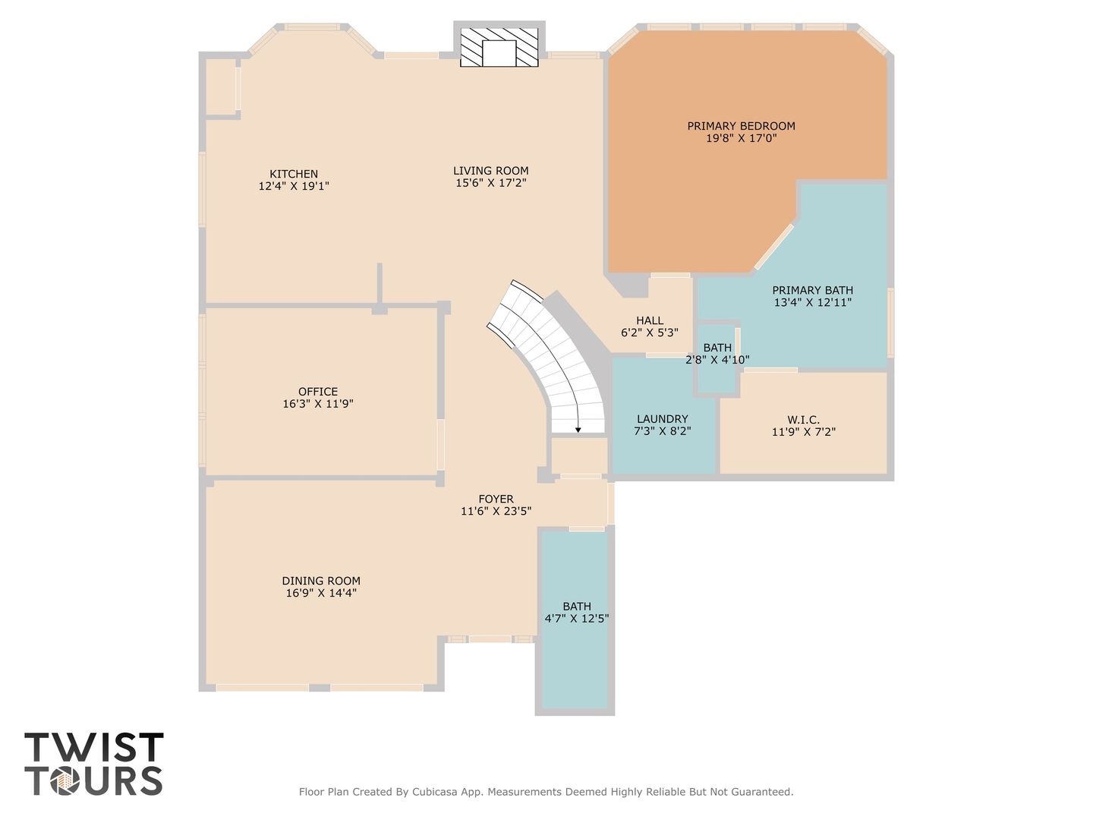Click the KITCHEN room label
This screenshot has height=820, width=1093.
[x=294, y=175]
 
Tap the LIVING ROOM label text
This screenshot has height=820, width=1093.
[x=491, y=171]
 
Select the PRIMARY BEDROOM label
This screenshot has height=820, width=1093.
[x=741, y=126]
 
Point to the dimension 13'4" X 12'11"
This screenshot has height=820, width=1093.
[x=813, y=302]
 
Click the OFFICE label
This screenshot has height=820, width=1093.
[x=318, y=392]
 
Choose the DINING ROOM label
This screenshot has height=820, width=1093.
[x=321, y=581]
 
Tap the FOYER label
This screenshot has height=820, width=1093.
[x=496, y=499]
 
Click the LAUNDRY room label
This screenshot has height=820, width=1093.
[x=663, y=419]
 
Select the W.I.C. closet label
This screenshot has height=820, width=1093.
[x=803, y=420]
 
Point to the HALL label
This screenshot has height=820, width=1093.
[x=650, y=320]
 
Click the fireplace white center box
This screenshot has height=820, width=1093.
[x=499, y=53]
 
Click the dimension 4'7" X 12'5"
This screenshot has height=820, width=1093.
[x=577, y=619]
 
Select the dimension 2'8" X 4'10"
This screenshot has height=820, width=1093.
[x=717, y=359]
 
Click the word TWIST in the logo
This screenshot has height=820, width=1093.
[x=94, y=747]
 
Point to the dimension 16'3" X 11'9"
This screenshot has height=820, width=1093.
[x=318, y=404]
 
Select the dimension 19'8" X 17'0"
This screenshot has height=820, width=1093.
[x=741, y=138]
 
